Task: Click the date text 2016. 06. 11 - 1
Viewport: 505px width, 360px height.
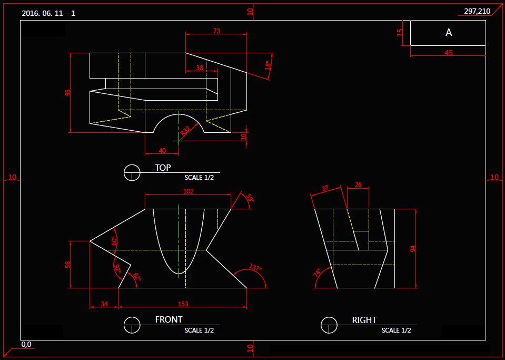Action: click(48, 13)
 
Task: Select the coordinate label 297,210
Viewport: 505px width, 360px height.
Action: click(477, 11)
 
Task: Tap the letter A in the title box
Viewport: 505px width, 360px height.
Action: click(449, 33)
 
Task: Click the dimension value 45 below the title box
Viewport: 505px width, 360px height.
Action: click(449, 53)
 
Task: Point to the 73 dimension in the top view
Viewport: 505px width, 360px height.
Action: click(216, 31)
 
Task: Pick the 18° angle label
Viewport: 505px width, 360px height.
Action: click(268, 65)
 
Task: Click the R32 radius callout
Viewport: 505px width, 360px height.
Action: click(185, 131)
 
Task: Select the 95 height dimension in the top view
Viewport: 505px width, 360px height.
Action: click(67, 93)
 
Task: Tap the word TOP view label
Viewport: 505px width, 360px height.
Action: click(163, 168)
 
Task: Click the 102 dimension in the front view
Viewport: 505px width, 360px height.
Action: click(188, 191)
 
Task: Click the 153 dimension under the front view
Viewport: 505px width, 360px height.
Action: click(183, 304)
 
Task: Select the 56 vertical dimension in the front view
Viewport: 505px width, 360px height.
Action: click(67, 265)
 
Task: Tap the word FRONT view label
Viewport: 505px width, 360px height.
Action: click(169, 320)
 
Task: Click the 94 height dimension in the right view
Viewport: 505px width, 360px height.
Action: click(413, 248)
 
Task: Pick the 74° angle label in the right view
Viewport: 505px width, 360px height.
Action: click(317, 273)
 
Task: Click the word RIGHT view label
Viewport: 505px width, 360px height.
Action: click(364, 320)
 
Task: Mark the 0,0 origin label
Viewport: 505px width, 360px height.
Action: click(26, 345)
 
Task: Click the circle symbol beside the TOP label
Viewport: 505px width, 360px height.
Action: click(132, 172)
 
